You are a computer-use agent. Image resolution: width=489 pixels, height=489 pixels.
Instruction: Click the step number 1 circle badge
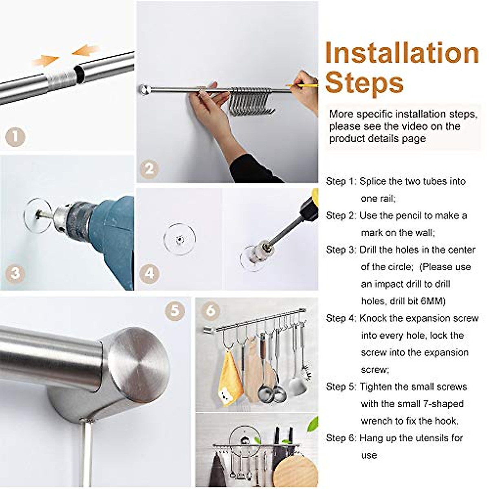tap(15, 137)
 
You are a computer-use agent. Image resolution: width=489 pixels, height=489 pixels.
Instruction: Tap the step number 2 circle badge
tap(149, 168)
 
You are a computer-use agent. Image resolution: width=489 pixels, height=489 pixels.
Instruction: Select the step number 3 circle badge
tap(15, 273)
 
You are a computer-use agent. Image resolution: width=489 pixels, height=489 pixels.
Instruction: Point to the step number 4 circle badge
tap(149, 273)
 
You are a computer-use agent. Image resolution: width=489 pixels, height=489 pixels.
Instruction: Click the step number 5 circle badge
tap(175, 311)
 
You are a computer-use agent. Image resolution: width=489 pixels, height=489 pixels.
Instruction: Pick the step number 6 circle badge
tap(210, 311)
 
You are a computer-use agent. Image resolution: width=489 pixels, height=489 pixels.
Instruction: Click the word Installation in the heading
tap(402, 53)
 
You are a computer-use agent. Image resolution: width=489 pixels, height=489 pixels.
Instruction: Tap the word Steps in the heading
tap(364, 83)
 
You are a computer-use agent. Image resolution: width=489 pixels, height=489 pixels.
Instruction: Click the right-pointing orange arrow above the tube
tap(46, 61)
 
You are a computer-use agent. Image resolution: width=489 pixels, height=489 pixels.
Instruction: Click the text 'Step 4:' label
tap(341, 318)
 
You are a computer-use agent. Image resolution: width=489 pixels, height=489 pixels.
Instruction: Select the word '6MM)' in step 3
tap(433, 301)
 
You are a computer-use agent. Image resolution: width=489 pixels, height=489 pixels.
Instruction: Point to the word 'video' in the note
tap(412, 126)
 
